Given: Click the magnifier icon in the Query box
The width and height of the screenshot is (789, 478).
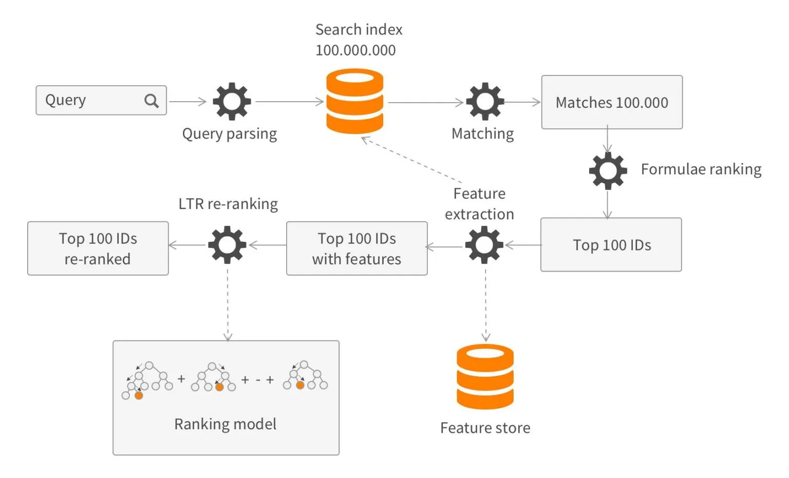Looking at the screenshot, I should pyautogui.click(x=151, y=101).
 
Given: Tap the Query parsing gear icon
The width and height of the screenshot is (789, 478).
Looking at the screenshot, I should pyautogui.click(x=232, y=101).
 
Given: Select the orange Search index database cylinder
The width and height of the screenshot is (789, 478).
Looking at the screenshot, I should pyautogui.click(x=355, y=101).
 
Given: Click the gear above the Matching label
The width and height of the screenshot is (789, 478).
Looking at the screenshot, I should pyautogui.click(x=484, y=101).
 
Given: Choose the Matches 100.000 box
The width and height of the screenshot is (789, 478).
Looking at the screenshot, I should pyautogui.click(x=612, y=102).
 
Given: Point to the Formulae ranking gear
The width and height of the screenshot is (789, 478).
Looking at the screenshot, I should pyautogui.click(x=608, y=170).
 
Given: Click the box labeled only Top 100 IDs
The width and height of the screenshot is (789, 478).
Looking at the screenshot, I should pyautogui.click(x=611, y=245).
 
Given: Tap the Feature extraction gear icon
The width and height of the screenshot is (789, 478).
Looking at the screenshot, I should pyautogui.click(x=484, y=245).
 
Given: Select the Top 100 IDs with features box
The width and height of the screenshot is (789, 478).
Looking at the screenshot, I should pyautogui.click(x=356, y=248).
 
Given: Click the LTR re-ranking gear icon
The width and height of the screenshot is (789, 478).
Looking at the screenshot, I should pyautogui.click(x=227, y=245).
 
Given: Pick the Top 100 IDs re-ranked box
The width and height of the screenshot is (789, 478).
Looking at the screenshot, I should pyautogui.click(x=98, y=248).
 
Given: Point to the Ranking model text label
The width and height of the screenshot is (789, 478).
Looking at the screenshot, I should pyautogui.click(x=225, y=424).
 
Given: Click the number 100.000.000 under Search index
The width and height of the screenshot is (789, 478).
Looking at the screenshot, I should pyautogui.click(x=355, y=50).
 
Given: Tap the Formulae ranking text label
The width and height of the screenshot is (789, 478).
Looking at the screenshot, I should pyautogui.click(x=701, y=169).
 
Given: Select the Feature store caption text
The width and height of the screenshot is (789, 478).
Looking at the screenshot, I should pyautogui.click(x=485, y=428).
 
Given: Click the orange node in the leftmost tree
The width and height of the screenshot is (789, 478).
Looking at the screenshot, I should pyautogui.click(x=139, y=395).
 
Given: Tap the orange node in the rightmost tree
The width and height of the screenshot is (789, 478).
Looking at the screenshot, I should pyautogui.click(x=300, y=385).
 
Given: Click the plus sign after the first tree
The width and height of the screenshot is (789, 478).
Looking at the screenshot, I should pyautogui.click(x=181, y=379).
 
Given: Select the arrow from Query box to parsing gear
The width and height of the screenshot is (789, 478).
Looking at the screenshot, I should pyautogui.click(x=187, y=102).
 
